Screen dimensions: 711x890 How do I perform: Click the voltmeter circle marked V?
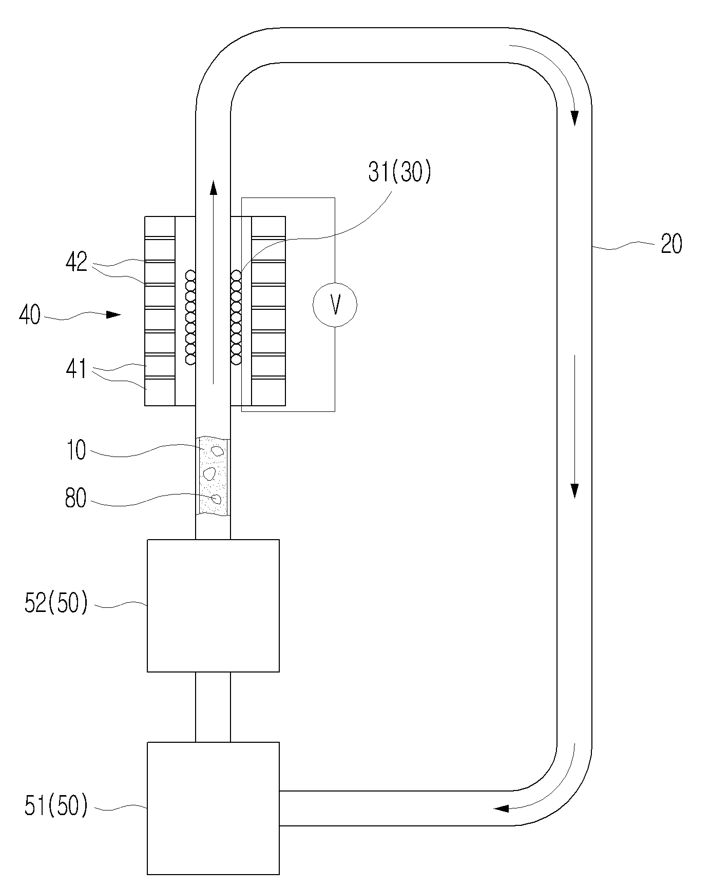(335, 305)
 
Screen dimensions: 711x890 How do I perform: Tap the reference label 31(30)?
(400, 173)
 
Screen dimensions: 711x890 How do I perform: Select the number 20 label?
(671, 244)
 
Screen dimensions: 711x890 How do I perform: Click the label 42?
(76, 263)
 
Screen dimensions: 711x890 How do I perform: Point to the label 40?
(30, 314)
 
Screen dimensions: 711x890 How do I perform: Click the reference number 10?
(76, 450)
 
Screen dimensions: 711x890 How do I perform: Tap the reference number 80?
(76, 498)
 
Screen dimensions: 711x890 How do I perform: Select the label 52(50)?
(56, 603)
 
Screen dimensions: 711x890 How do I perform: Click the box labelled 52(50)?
(213, 605)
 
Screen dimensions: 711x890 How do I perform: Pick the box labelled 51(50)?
(213, 808)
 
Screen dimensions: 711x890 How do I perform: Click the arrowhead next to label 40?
(113, 314)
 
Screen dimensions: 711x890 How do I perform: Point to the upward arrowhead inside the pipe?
(213, 186)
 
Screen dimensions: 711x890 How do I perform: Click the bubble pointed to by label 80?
(217, 499)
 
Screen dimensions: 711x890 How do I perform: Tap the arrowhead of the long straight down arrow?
(574, 490)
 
